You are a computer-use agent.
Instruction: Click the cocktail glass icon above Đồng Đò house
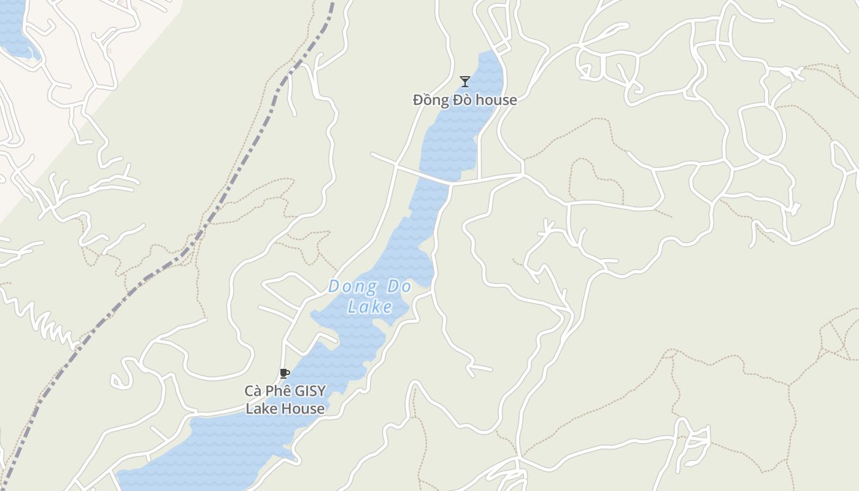465,81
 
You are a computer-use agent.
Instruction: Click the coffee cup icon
284,373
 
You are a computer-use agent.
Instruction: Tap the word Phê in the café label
276,391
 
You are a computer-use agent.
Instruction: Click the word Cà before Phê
253,391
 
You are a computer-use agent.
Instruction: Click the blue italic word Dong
352,286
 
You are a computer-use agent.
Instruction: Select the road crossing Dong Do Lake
429,177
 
